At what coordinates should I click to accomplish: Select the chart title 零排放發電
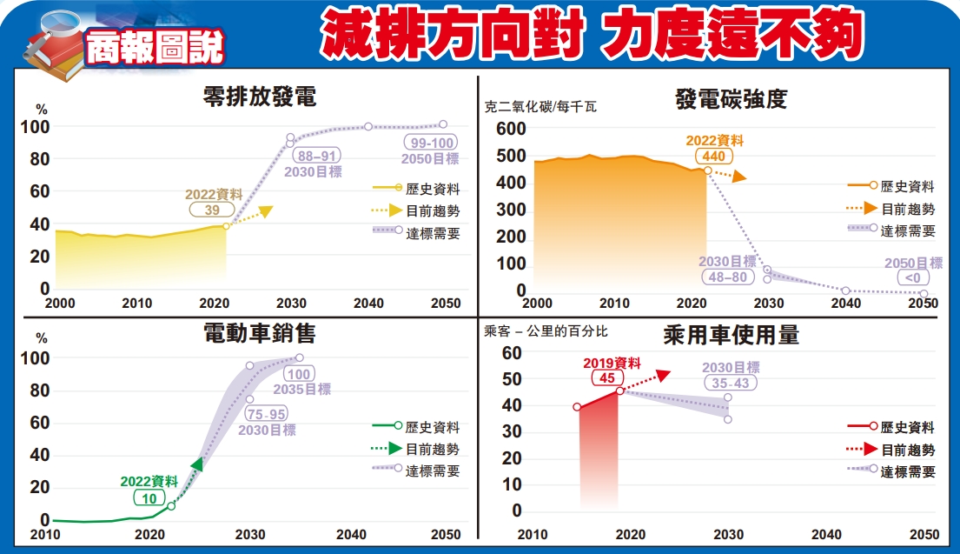[x=259, y=96]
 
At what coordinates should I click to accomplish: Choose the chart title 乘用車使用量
[x=731, y=335]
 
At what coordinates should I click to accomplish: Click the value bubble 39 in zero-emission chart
[x=212, y=210]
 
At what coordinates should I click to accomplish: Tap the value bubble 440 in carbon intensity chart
[x=713, y=156]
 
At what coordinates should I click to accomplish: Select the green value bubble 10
[x=149, y=497]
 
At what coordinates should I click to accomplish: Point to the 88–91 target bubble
[x=313, y=157]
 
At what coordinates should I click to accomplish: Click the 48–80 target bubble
[x=727, y=277]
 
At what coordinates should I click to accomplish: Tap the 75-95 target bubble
[x=266, y=414]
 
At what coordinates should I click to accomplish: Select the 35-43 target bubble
[x=730, y=383]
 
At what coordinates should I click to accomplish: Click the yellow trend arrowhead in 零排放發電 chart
[x=265, y=211]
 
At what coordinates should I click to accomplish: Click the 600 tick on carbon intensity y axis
[x=511, y=129]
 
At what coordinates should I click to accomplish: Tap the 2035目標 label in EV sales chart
[x=301, y=390]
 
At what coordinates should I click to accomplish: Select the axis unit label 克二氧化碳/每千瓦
[x=540, y=109]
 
